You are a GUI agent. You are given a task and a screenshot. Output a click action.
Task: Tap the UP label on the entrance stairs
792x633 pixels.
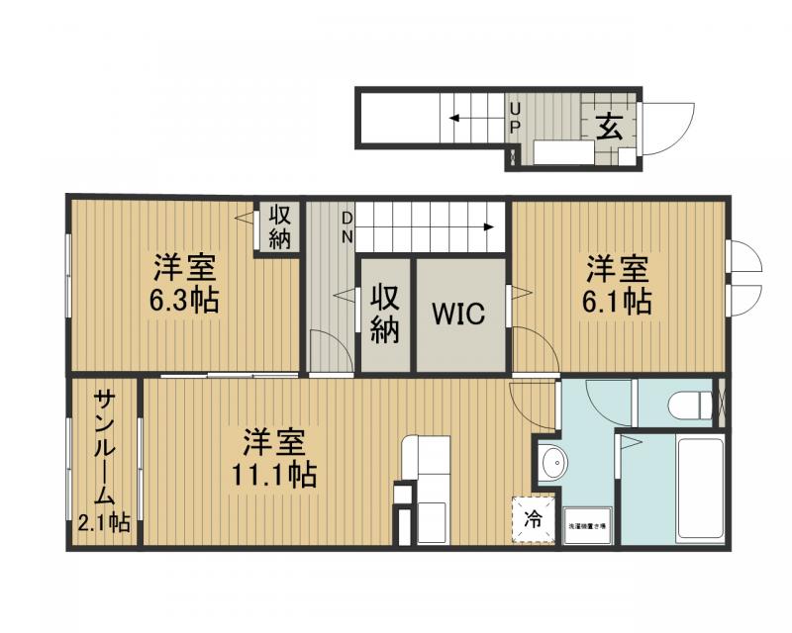pyautogui.click(x=515, y=118)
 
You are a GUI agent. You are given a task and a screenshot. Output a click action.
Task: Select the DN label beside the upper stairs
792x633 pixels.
pyautogui.click(x=347, y=226)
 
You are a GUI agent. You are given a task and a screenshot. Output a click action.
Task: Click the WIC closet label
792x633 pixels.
pyautogui.click(x=458, y=315)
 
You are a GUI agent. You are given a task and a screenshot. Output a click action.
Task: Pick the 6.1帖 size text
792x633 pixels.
pyautogui.click(x=617, y=301)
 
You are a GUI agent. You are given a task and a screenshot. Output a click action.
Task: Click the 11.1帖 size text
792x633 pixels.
pyautogui.click(x=274, y=475)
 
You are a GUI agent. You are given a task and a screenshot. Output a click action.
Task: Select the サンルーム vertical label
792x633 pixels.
pyautogui.click(x=105, y=447)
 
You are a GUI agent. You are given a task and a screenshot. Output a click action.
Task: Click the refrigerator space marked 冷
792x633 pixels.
pyautogui.click(x=533, y=517)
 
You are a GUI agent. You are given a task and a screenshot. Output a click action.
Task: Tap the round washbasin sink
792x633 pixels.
pyautogui.click(x=551, y=462)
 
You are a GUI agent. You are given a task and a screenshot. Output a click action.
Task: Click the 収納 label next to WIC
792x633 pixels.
pyautogui.click(x=384, y=314)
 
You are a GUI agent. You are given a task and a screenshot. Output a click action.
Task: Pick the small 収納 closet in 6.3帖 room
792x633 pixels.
pyautogui.click(x=279, y=226)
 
